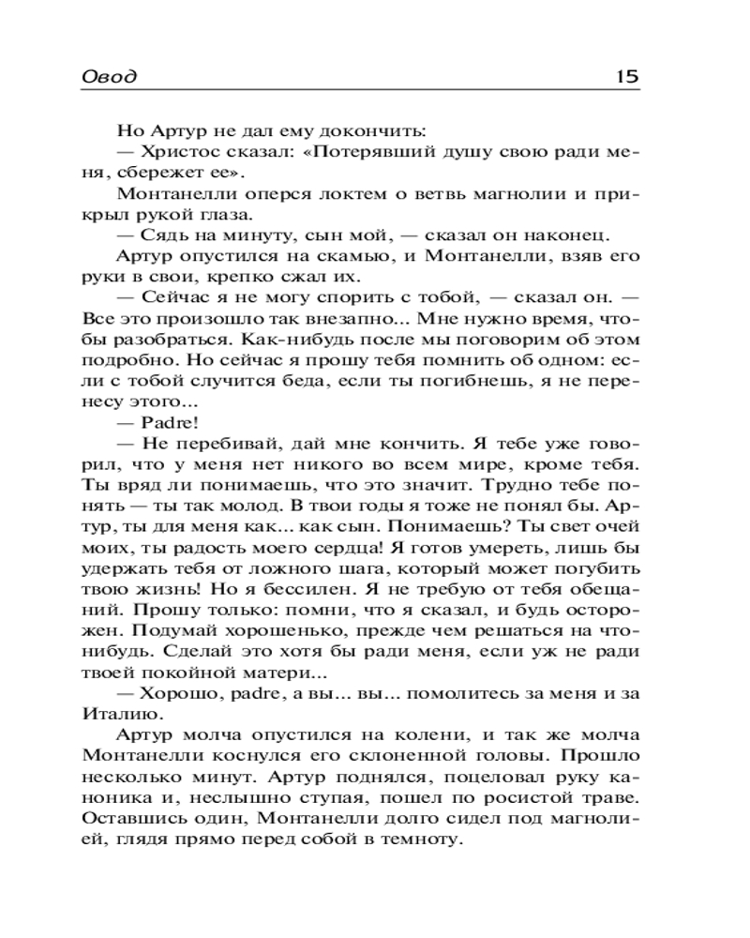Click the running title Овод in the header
[x=109, y=77]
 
